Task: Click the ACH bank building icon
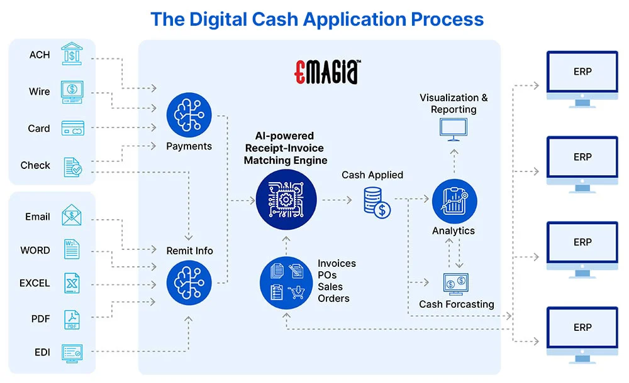tap(72, 55)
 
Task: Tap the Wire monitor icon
tap(72, 92)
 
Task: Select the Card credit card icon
tap(72, 129)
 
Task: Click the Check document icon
tap(72, 166)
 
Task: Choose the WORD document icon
tap(72, 250)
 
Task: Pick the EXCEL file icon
tap(72, 283)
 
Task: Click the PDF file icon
tap(72, 319)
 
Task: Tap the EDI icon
tap(72, 353)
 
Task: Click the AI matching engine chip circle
tap(286, 200)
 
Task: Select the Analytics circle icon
tap(454, 201)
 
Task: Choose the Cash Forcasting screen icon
tap(456, 283)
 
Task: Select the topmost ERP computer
tap(582, 75)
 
